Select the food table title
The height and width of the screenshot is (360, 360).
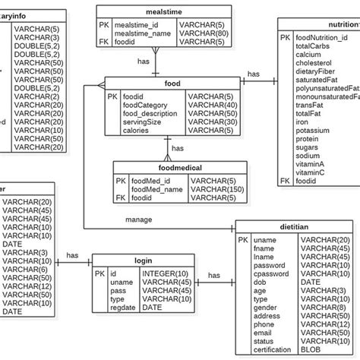172,85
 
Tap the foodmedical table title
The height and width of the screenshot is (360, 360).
164,168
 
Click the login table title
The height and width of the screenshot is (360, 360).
143,261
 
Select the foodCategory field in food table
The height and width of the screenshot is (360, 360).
144,105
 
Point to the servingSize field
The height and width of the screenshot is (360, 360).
141,122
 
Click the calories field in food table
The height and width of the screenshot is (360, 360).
137,130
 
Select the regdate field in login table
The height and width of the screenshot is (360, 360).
125,307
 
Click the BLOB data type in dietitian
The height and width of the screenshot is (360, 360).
312,349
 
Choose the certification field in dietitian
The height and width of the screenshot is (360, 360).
274,349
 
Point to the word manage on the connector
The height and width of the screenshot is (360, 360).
139,220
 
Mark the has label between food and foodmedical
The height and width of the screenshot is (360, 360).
178,148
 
